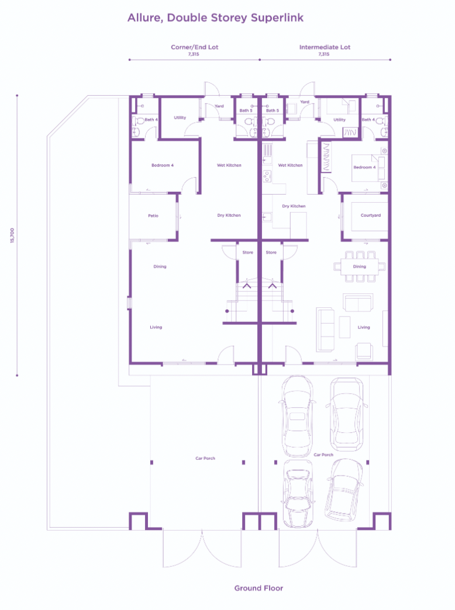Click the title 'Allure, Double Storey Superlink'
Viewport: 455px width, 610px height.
[x=215, y=18]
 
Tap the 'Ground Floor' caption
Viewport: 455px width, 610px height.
[x=258, y=588]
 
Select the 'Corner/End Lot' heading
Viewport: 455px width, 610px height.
[x=194, y=47]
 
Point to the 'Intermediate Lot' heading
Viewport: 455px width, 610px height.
[x=325, y=47]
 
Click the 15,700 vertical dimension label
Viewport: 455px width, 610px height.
[x=12, y=235]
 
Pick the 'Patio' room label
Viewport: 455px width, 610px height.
[x=153, y=216]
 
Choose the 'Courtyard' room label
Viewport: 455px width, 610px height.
[x=370, y=216]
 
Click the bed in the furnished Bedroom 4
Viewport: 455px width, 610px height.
[x=368, y=167]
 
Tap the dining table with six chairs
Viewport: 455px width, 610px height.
[x=359, y=266]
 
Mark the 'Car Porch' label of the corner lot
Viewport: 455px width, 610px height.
[x=205, y=458]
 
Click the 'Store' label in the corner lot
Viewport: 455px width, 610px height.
[x=247, y=252]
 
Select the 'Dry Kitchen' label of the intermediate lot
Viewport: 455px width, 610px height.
[x=294, y=206]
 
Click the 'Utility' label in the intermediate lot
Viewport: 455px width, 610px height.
[x=339, y=120]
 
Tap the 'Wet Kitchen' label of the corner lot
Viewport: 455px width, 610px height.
[x=229, y=165]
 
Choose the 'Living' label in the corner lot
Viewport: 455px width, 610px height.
[x=156, y=327]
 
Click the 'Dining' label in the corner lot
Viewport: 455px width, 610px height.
[x=160, y=266]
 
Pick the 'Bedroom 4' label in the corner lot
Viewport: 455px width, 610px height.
[x=163, y=165]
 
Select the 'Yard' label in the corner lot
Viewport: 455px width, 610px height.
[x=219, y=106]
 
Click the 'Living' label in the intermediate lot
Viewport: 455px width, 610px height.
[x=364, y=327]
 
